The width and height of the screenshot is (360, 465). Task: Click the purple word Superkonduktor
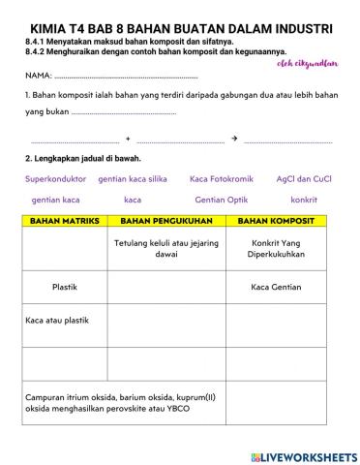(55, 179)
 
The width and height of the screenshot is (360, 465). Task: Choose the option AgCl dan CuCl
(304, 179)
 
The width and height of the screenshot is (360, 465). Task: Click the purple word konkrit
(304, 200)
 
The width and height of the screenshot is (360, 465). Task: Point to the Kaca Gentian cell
(276, 287)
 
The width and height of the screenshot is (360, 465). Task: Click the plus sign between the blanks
(128, 139)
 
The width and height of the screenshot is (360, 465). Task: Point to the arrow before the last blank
(235, 139)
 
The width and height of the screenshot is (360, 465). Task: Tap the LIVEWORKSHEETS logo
(303, 456)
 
